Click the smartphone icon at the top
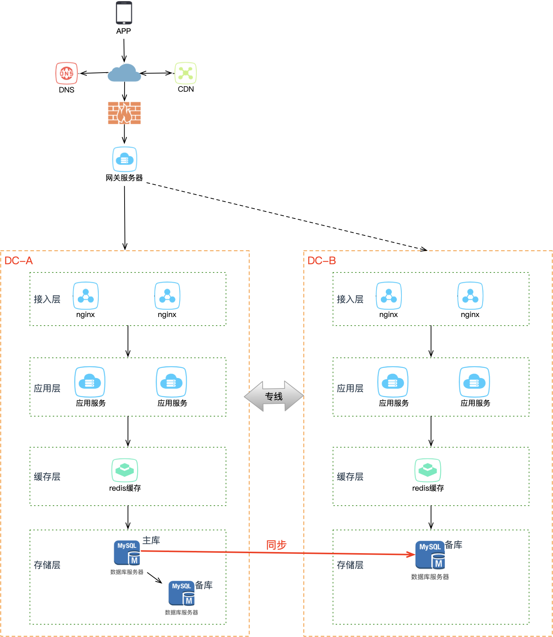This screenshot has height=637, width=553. click(123, 13)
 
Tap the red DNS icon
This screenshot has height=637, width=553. click(67, 73)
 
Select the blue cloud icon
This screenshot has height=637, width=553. click(124, 73)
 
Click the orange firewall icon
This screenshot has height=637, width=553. click(124, 113)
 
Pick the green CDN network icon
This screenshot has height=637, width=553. click(186, 73)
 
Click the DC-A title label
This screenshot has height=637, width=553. click(19, 261)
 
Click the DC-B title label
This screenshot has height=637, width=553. click(322, 261)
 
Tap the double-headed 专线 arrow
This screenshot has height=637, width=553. click(274, 396)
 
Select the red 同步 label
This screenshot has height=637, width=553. click(276, 545)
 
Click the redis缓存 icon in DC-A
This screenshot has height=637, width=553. click(125, 470)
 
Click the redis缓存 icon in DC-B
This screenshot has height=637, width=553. click(428, 470)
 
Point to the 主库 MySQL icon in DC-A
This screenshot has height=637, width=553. click(127, 552)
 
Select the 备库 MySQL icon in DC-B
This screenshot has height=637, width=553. click(430, 555)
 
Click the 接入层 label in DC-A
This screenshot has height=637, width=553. click(47, 299)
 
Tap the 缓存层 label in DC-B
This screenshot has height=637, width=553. click(350, 477)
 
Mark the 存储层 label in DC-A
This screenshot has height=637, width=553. click(47, 565)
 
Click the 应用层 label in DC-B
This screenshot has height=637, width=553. click(350, 388)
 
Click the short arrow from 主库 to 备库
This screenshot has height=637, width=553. click(155, 577)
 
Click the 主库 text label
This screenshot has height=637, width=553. click(151, 540)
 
